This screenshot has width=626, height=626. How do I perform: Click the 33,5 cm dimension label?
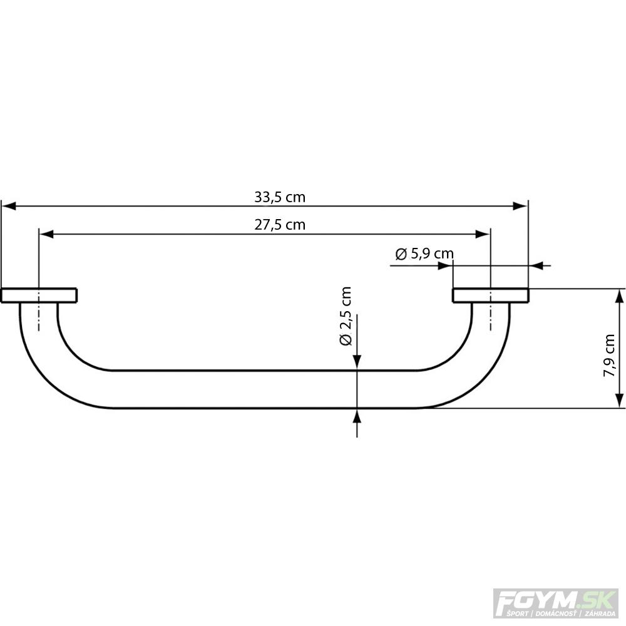click(x=280, y=197)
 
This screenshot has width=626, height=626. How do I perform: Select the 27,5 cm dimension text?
click(x=280, y=224)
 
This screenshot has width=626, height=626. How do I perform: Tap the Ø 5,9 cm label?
click(x=424, y=254)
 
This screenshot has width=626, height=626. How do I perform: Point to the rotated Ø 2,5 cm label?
click(x=346, y=316)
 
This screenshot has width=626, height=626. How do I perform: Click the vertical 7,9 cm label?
click(x=609, y=356)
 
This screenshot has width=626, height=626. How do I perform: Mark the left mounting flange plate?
click(x=39, y=295)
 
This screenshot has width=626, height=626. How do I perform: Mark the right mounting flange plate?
click(x=490, y=295)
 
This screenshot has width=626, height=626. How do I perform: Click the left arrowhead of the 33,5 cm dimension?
click(x=8, y=206)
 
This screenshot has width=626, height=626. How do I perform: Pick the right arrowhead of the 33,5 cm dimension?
click(x=520, y=206)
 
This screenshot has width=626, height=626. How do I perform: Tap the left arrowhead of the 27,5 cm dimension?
click(x=46, y=234)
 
